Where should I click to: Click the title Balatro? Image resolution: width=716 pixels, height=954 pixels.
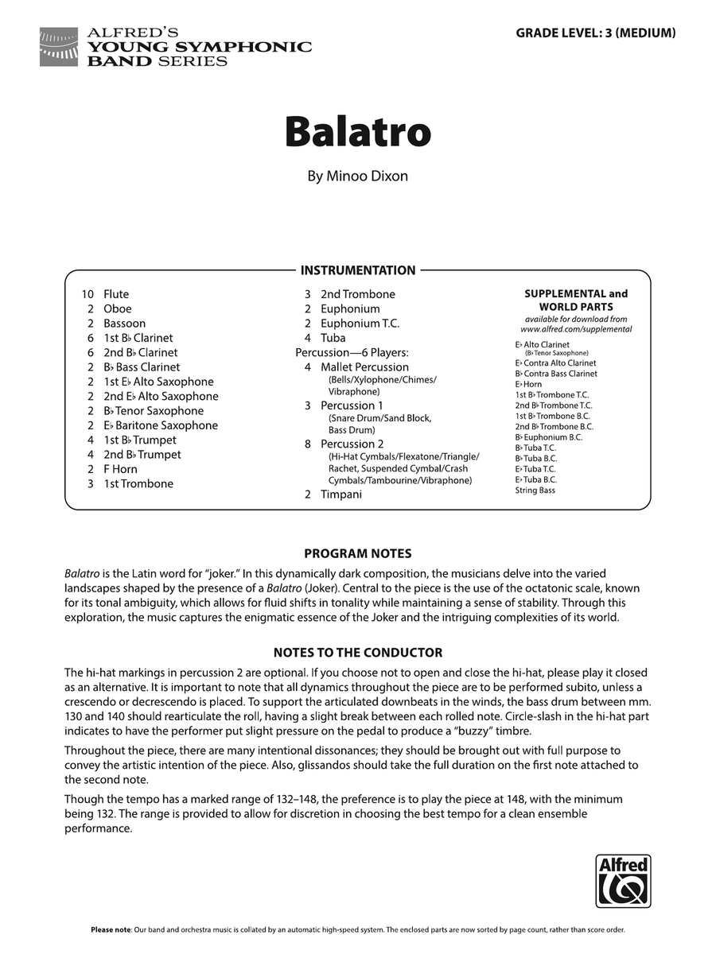(x=358, y=132)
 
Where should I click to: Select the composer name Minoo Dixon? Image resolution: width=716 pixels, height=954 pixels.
(x=358, y=176)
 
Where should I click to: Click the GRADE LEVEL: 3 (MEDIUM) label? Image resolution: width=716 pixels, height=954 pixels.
(x=596, y=33)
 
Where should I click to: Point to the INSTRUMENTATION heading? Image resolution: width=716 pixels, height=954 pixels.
(x=357, y=270)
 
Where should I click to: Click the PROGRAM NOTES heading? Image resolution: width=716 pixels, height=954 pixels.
(x=357, y=553)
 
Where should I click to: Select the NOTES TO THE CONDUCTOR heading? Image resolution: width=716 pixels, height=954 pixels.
(x=357, y=653)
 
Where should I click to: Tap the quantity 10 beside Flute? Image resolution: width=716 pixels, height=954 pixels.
(x=88, y=294)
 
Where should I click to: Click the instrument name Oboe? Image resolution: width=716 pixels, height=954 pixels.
(x=118, y=308)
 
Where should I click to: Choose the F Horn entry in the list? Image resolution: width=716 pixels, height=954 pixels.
(x=120, y=469)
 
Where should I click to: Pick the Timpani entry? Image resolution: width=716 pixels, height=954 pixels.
(x=340, y=494)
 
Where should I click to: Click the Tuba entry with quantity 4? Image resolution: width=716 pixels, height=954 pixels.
(x=333, y=338)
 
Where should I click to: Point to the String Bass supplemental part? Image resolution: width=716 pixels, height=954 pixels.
(x=535, y=491)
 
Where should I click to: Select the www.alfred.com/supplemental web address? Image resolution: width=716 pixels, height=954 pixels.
(x=576, y=329)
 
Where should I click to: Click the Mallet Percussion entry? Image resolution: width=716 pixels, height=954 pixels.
(x=364, y=367)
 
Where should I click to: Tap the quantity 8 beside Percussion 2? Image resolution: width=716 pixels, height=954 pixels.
(x=307, y=444)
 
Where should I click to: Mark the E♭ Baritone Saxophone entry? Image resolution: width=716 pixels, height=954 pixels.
(x=160, y=425)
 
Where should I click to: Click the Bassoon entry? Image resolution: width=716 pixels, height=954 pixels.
(x=124, y=324)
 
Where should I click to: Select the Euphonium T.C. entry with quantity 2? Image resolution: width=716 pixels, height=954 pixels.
(x=360, y=324)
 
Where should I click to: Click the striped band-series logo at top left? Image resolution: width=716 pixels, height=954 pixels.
(x=59, y=46)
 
